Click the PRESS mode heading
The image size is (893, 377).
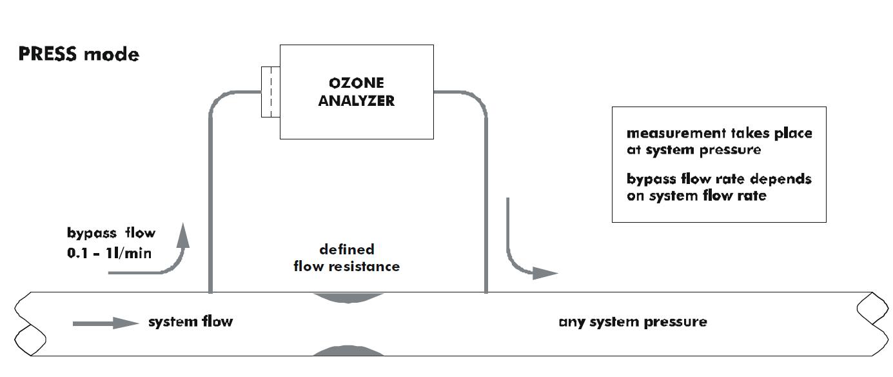pos(79,54)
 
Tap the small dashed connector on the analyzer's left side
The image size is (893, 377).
pos(270,92)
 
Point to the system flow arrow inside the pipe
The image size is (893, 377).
pos(106,322)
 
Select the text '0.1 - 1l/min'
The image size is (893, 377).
pos(109,252)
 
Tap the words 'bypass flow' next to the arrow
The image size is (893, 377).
pos(111,232)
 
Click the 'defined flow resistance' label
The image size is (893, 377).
pos(347,258)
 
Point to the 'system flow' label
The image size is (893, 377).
pos(190,321)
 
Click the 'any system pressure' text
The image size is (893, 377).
pos(633,321)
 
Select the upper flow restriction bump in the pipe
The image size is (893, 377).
pos(348,298)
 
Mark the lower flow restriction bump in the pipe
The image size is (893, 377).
pos(348,351)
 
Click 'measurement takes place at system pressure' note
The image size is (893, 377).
pos(719,141)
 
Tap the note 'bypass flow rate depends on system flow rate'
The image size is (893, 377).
pos(719,187)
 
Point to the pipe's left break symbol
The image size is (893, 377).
pos(25,323)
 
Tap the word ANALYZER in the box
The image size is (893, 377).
pos(356,101)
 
